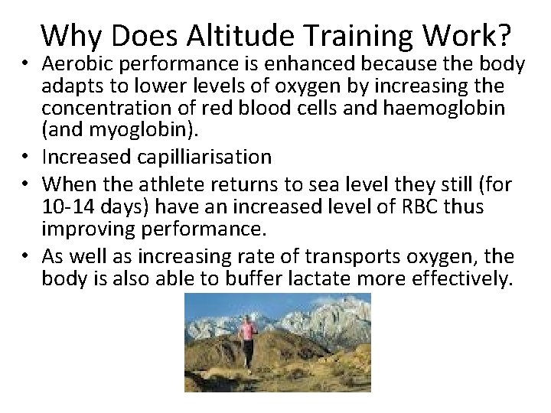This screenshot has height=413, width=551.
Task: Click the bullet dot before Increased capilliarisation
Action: point(27,158)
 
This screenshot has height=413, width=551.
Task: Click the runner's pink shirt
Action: point(246,330)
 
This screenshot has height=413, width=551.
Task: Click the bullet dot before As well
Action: point(27,257)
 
